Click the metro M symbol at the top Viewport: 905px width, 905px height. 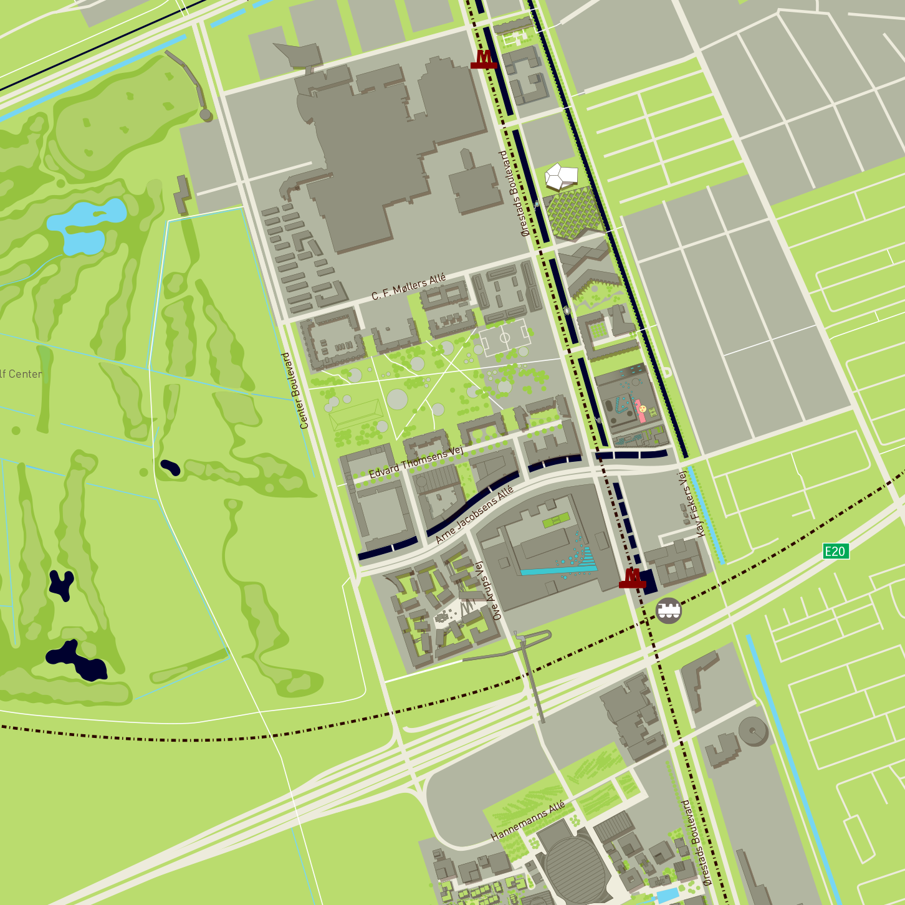484,59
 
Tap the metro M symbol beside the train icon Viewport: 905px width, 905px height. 633,578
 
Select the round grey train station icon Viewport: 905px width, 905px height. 669,611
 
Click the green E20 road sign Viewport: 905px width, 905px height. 835,551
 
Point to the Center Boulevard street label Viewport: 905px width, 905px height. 295,391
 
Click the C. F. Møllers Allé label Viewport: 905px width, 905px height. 408,287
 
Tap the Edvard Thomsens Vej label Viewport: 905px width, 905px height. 416,462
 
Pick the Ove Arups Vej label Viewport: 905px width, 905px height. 488,591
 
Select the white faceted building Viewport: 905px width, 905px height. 560,177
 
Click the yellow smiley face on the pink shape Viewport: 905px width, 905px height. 642,408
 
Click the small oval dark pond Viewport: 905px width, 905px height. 170,467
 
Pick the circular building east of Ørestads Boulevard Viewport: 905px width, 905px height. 753,730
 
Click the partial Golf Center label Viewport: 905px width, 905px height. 21,374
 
